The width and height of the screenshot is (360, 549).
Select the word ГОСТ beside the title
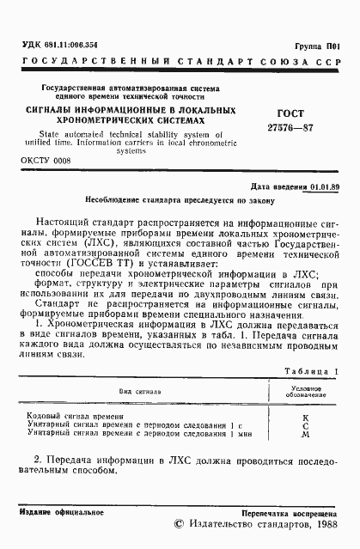[x=269, y=113]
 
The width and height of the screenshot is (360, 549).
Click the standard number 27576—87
[x=272, y=127]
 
